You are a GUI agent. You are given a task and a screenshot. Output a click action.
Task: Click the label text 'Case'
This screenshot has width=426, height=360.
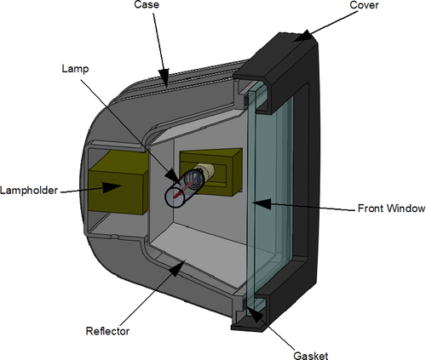(147, 5)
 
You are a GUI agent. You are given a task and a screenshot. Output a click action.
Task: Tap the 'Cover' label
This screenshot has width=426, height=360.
(364, 5)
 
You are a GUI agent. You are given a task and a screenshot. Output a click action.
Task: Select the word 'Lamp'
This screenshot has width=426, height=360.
(75, 69)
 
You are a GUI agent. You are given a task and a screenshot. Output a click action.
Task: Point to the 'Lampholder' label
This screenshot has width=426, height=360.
(29, 190)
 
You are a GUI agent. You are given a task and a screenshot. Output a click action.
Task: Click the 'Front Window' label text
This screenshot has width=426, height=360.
(391, 209)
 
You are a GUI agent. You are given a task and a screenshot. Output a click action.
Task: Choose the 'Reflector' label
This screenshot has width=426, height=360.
(107, 331)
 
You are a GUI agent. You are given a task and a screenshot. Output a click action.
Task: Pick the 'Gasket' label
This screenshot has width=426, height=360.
(311, 356)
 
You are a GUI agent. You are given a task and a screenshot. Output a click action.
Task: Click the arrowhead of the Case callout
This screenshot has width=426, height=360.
(164, 77)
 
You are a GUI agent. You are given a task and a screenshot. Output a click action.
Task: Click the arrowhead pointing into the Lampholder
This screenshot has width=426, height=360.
(112, 187)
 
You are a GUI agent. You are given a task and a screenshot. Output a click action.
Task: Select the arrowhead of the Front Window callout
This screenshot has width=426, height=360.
(262, 203)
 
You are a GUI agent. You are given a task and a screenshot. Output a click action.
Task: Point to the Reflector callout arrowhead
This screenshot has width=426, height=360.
(177, 267)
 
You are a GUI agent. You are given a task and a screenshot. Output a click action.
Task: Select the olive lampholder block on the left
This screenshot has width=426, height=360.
(118, 182)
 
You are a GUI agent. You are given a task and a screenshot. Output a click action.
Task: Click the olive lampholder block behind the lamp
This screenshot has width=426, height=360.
(211, 172)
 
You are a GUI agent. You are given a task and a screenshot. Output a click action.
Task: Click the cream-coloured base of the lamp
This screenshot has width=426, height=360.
(208, 171)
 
